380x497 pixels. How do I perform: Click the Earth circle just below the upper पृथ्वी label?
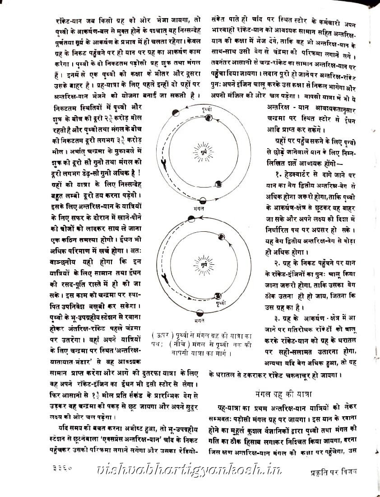[x=209, y=118]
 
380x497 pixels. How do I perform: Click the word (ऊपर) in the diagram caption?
[x=161, y=337]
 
